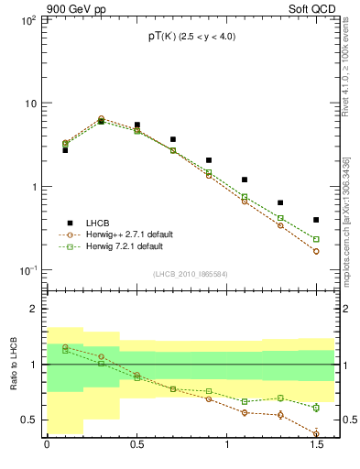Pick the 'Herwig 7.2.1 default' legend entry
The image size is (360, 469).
point(125,246)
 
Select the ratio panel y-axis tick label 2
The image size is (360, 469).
point(31,309)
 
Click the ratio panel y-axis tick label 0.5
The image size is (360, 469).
point(27,420)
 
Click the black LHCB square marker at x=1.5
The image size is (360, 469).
point(316,220)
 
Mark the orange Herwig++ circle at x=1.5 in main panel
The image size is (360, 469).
point(316,251)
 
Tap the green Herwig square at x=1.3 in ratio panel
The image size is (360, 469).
point(280,398)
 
